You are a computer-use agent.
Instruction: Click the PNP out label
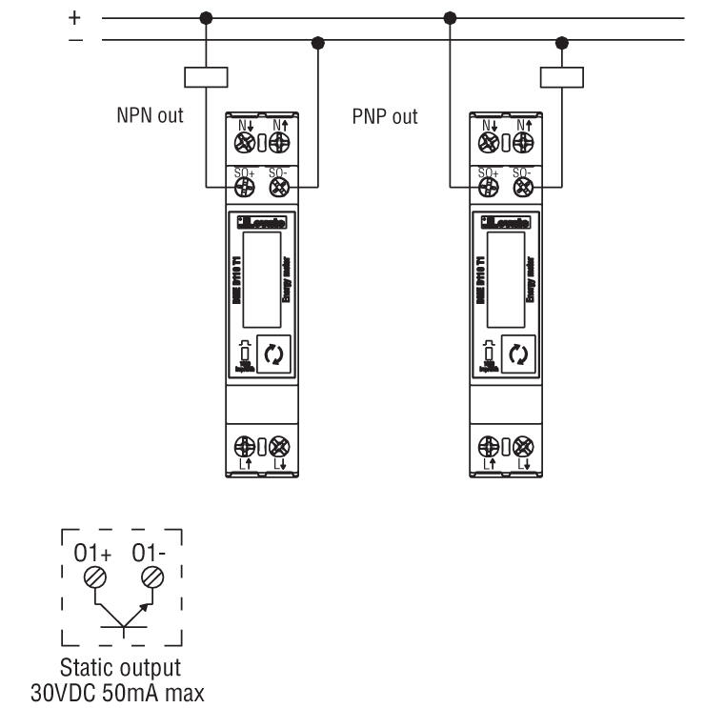(385, 117)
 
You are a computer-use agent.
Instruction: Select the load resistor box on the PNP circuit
(561, 77)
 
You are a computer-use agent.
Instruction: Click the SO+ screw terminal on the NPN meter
(245, 187)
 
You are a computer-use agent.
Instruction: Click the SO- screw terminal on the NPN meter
(278, 187)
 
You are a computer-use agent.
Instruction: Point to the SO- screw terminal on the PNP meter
(523, 187)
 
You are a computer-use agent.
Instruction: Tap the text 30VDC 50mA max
(117, 689)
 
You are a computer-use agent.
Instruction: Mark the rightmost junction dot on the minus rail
(561, 40)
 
